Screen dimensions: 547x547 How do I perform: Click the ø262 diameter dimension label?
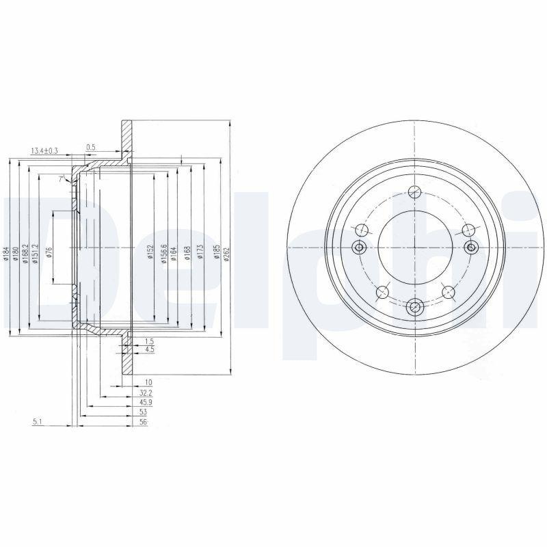pyautogui.click(x=226, y=255)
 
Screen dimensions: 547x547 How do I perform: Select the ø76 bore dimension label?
pyautogui.click(x=49, y=254)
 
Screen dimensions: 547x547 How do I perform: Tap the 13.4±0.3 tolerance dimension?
pyautogui.click(x=44, y=150)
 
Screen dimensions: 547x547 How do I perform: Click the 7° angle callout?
pyautogui.click(x=62, y=178)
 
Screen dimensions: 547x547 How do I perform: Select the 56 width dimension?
pyautogui.click(x=143, y=423)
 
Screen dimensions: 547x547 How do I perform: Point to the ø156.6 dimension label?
pyautogui.click(x=164, y=254)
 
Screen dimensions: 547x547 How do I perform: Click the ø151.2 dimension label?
pyautogui.click(x=34, y=254)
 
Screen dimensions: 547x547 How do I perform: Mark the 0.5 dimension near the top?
pyautogui.click(x=90, y=147)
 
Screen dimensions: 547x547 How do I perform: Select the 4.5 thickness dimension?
pyautogui.click(x=149, y=349)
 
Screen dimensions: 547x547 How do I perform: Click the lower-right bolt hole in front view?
pyautogui.click(x=449, y=293)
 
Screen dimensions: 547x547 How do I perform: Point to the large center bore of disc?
pyautogui.click(x=414, y=247)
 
